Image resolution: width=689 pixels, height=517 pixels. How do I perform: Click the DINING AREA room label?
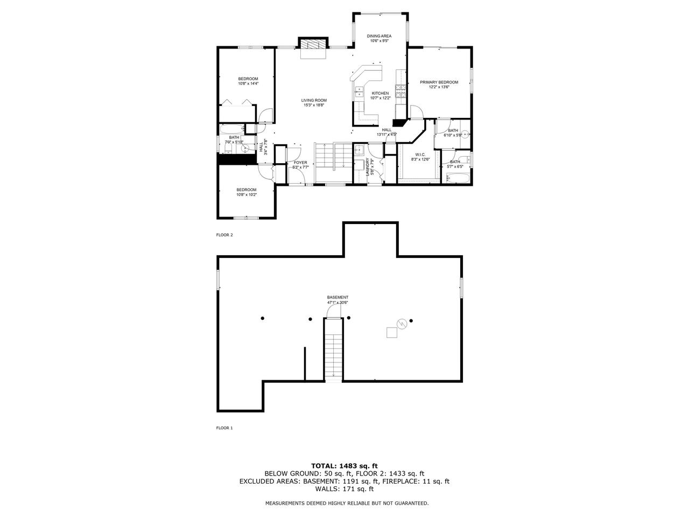coord(379,36)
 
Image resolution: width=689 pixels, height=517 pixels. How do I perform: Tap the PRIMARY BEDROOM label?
coord(439,82)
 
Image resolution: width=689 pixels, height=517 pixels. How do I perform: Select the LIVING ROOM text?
coord(313,100)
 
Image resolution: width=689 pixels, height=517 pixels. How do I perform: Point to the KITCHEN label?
coord(380,93)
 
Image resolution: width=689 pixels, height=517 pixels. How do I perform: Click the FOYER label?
coord(300,163)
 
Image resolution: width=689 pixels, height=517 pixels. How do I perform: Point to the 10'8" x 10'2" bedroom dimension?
coord(247,194)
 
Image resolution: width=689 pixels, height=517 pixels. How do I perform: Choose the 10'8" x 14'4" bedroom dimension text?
coord(248,83)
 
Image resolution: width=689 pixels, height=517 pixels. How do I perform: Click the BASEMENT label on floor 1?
coord(338,297)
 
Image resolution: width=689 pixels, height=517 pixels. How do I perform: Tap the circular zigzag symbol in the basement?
coord(401,323)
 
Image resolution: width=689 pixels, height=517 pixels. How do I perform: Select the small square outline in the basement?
coord(392,333)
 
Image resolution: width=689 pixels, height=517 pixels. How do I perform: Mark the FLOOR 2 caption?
coord(224,235)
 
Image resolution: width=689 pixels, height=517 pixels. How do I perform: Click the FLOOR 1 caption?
coord(224,428)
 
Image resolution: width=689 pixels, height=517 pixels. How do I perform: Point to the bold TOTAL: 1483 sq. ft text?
coord(344,465)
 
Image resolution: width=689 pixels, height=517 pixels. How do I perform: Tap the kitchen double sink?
coord(358,92)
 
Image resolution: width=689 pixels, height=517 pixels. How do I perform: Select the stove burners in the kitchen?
coord(400,92)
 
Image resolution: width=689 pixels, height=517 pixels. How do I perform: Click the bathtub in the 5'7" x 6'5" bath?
coord(458,178)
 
